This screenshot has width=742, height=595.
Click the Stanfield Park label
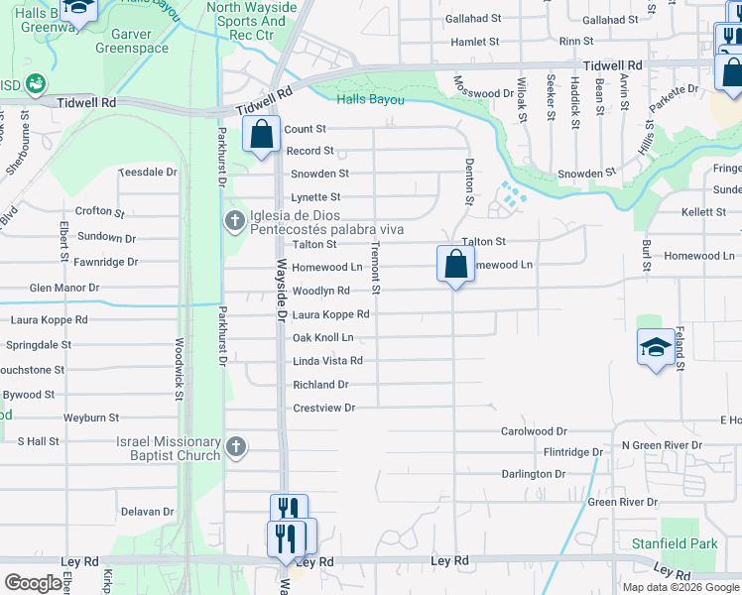click(x=675, y=543)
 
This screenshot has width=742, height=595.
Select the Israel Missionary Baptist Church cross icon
click(x=235, y=447)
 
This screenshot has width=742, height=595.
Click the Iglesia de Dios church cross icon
click(x=235, y=219)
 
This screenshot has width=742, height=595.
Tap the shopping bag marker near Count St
click(x=261, y=134)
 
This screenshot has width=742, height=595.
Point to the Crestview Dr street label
click(x=323, y=408)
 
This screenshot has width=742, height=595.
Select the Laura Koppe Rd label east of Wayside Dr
click(x=331, y=314)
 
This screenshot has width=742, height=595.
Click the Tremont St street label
click(x=376, y=267)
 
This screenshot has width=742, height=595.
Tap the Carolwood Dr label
click(x=534, y=431)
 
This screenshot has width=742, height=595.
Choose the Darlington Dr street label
click(x=533, y=474)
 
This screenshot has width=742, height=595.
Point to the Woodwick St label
click(x=180, y=368)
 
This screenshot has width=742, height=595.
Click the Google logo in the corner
click(x=33, y=583)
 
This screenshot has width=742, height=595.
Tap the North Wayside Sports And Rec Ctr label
click(x=252, y=21)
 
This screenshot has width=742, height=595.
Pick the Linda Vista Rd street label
click(x=327, y=361)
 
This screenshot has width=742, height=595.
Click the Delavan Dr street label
click(x=148, y=512)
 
